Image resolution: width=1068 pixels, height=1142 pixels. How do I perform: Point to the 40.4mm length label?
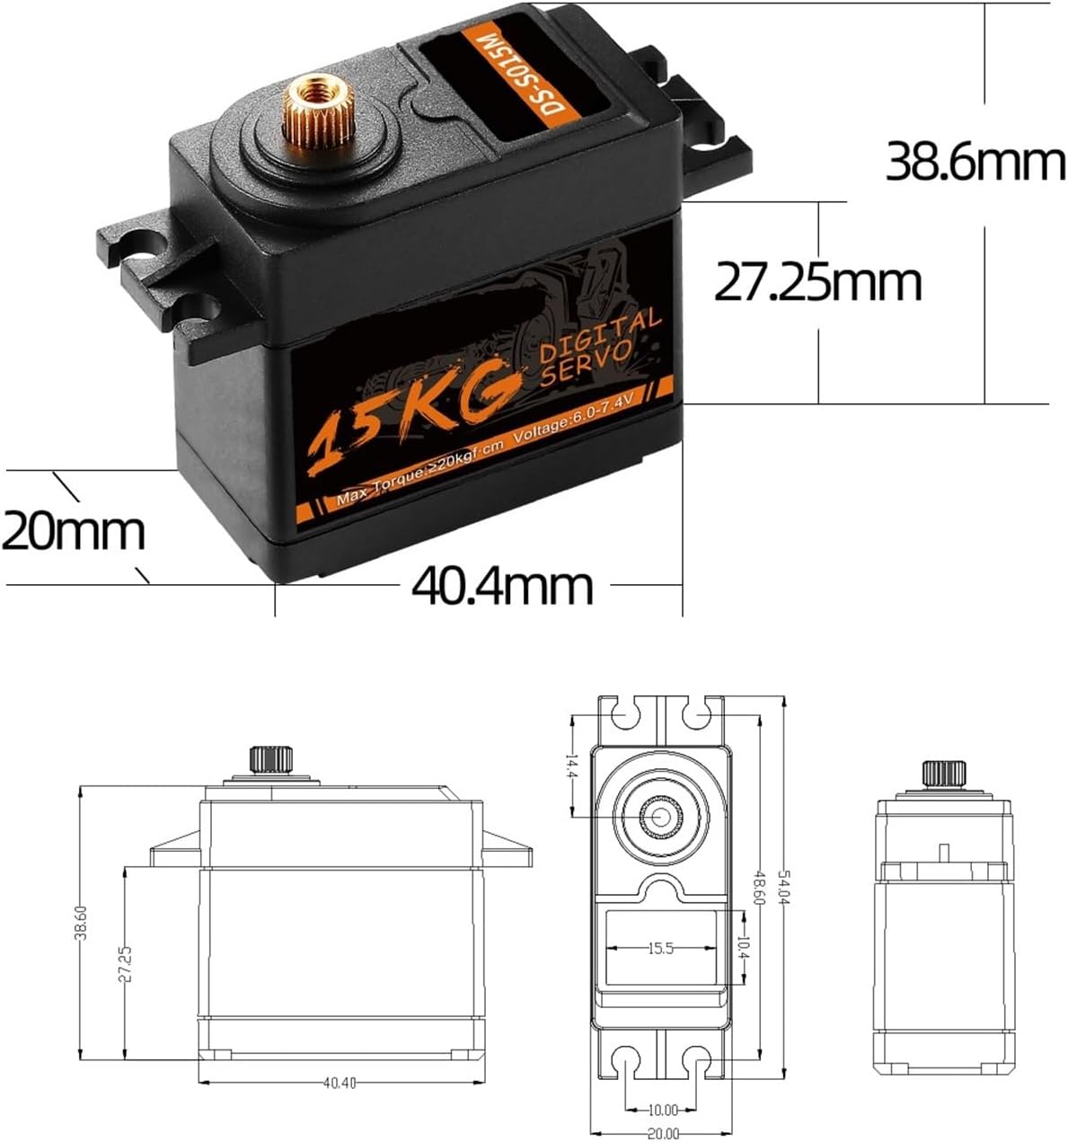pos(502,586)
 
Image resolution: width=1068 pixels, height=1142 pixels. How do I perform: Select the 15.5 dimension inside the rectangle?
pos(660,948)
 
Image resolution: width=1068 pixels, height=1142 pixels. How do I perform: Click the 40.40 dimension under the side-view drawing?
pos(340,1083)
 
